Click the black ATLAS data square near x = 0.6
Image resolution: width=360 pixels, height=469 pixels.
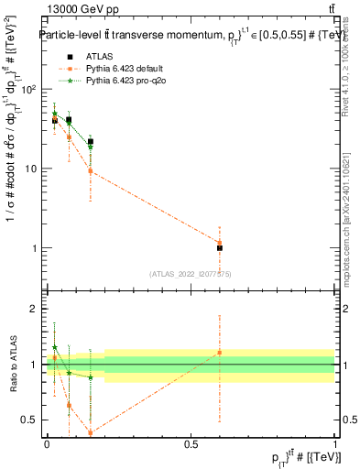(x=220, y=248)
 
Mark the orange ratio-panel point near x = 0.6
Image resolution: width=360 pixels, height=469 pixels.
(x=220, y=353)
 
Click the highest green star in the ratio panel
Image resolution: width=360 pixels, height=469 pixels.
(x=55, y=347)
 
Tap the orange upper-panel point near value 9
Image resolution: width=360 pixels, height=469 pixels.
(x=91, y=171)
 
